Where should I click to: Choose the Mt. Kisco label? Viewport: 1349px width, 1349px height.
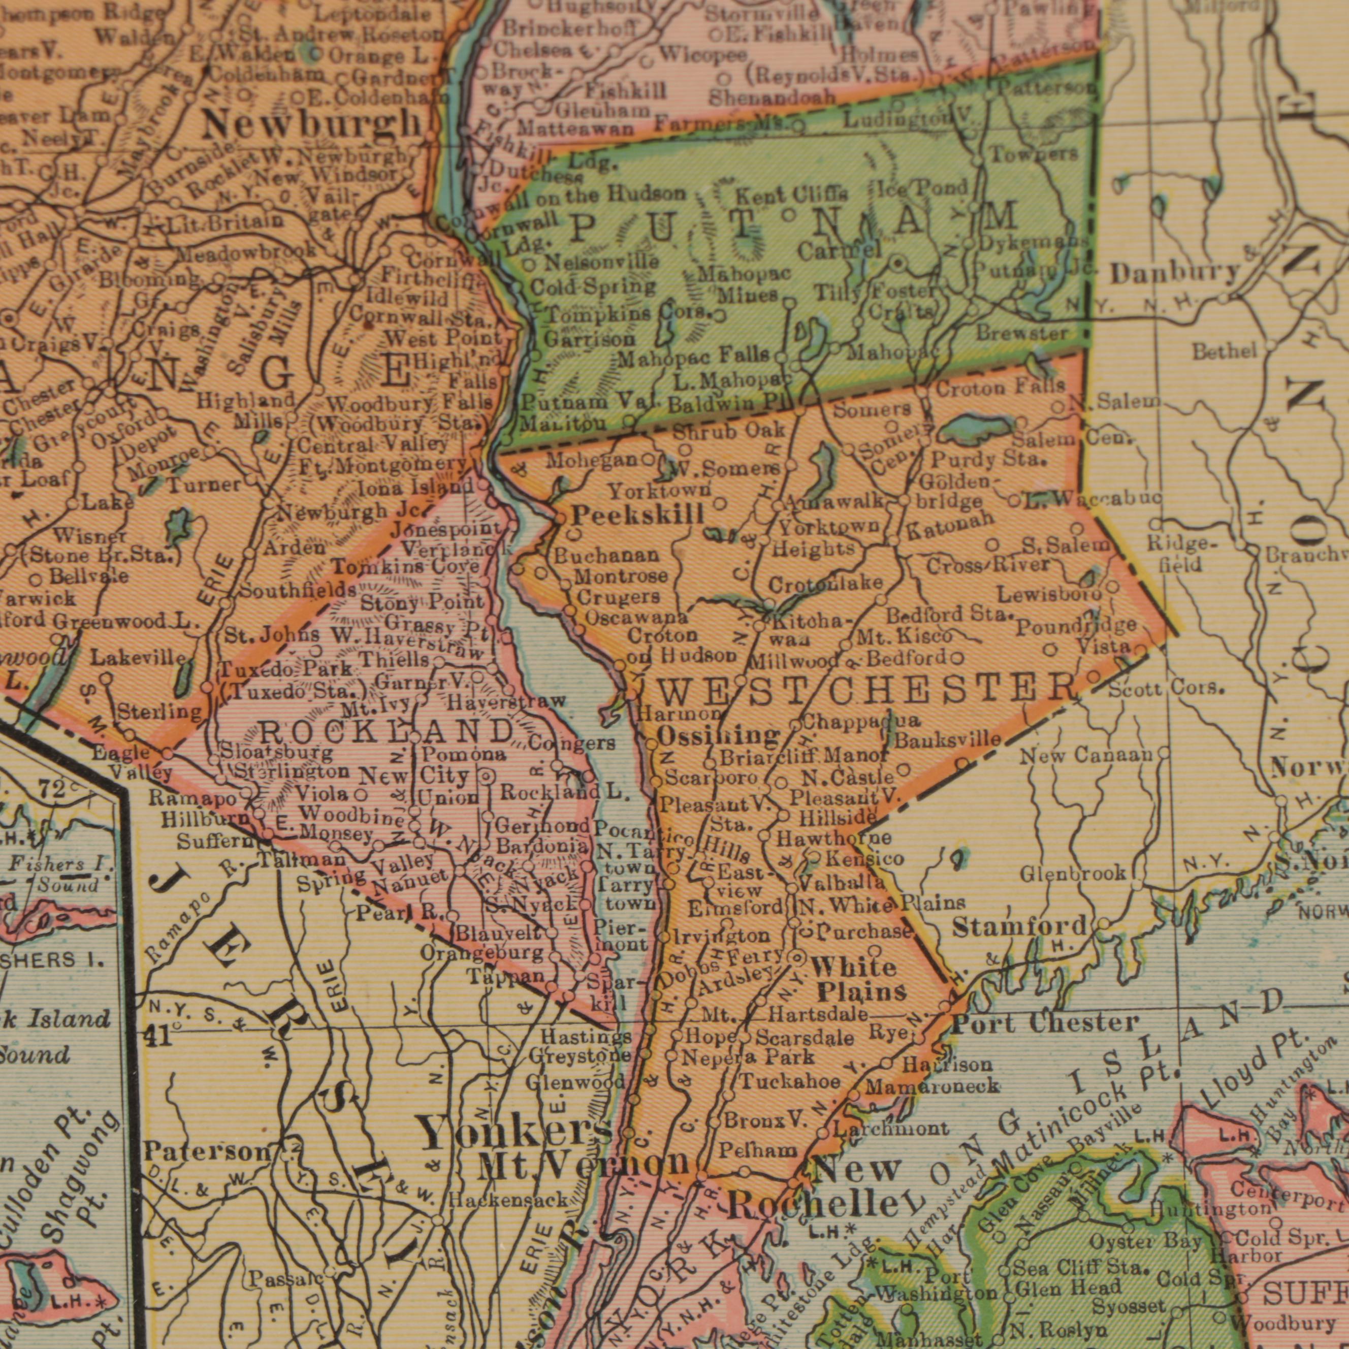click(x=905, y=637)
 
